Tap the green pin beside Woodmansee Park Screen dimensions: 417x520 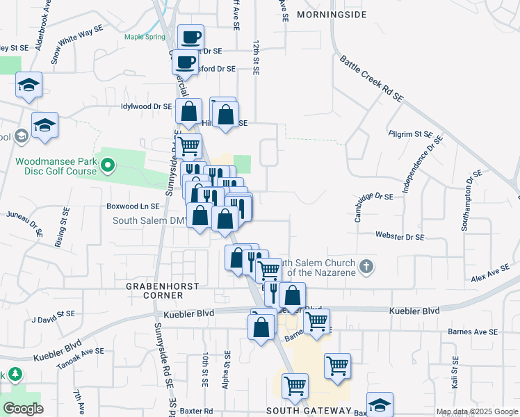[x=107, y=166]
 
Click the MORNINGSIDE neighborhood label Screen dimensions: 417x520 [x=330, y=14]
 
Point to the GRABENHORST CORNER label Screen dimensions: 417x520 [x=162, y=291]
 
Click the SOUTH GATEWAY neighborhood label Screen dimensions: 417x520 [x=309, y=411]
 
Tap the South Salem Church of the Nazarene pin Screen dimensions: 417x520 [x=367, y=266]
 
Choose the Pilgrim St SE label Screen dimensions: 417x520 [x=410, y=133]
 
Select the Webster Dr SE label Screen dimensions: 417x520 [x=399, y=237]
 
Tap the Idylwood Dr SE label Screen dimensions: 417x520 [x=146, y=106]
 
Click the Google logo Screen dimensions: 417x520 [x=24, y=409]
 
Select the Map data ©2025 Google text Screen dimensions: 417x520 [x=477, y=412]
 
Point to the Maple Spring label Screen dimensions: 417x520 [x=145, y=37]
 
